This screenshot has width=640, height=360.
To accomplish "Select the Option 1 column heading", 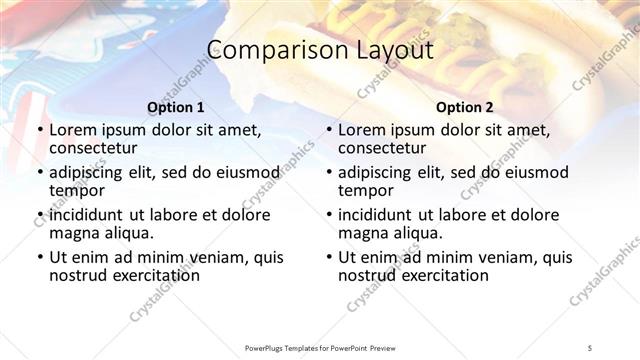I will (175, 107).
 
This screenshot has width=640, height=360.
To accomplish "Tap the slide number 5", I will (590, 348).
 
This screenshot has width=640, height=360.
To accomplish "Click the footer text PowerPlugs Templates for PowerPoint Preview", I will (319, 348).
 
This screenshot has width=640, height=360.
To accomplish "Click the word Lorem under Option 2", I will (362, 130).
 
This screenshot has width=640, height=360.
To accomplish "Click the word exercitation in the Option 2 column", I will (442, 275).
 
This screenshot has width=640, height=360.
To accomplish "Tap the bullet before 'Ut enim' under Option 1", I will (40, 257).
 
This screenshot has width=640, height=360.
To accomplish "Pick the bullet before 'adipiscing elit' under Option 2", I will (329, 172).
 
